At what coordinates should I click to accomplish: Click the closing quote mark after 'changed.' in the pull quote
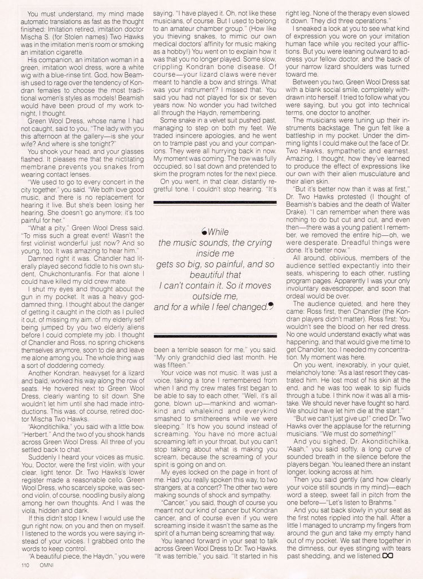[x=271, y=306]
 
